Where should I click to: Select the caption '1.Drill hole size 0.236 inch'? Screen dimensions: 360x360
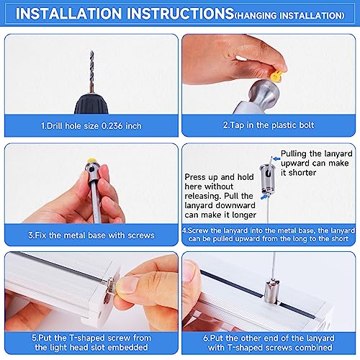90,126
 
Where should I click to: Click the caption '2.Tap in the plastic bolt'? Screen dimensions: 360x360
269,126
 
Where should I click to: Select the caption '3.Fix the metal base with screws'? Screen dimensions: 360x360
90,234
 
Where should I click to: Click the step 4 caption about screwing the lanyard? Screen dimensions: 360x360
269,235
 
